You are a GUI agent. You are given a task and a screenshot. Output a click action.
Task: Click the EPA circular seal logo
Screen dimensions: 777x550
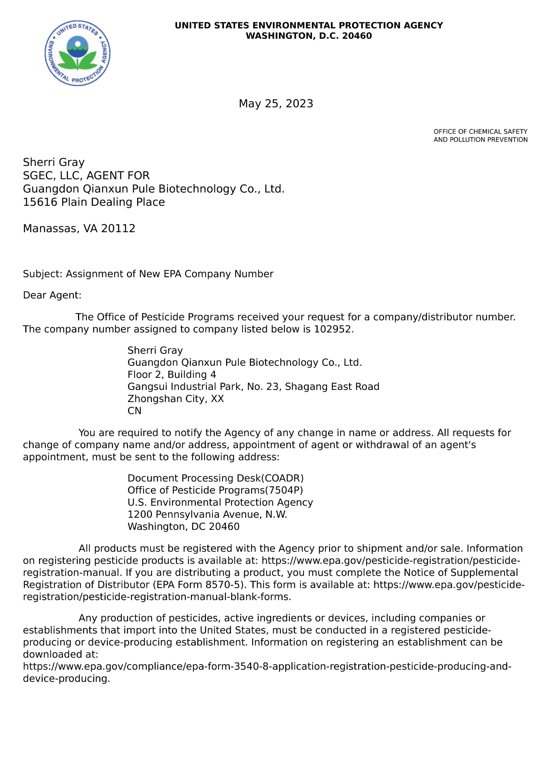tap(78, 53)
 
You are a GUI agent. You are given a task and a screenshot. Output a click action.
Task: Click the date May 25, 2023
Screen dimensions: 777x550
tap(276, 104)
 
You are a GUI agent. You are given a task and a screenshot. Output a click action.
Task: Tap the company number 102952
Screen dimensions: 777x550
tap(332, 329)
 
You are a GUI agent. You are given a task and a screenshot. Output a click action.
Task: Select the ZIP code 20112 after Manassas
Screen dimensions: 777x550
tap(118, 229)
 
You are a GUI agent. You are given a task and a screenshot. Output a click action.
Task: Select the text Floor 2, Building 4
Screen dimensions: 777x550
tap(172, 375)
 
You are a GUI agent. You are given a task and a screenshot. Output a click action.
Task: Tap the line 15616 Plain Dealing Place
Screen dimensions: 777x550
tap(94, 202)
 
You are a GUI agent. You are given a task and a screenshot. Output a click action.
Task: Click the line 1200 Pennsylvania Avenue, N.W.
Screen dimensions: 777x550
tap(207, 514)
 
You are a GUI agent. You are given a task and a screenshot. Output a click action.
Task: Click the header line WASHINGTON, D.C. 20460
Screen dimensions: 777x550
tap(309, 36)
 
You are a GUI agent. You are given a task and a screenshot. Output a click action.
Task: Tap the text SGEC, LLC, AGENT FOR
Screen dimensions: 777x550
tap(86, 175)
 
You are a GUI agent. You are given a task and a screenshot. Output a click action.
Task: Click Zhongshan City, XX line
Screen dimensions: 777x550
tap(175, 399)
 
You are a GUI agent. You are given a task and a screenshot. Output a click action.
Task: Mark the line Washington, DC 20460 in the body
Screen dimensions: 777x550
tap(183, 527)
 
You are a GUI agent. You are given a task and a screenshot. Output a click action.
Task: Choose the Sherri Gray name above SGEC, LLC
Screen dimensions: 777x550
tap(53, 162)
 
